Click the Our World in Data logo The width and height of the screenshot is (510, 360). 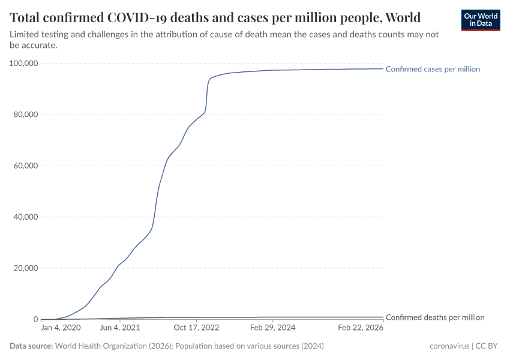click(x=481, y=20)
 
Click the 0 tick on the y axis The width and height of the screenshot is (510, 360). click(x=35, y=319)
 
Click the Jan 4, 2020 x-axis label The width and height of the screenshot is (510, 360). click(x=61, y=328)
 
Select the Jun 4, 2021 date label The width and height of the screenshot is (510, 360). click(x=120, y=328)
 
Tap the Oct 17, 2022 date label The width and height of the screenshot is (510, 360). click(x=196, y=328)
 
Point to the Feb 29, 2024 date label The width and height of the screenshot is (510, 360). click(x=273, y=328)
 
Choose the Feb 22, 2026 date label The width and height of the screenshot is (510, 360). click(x=361, y=328)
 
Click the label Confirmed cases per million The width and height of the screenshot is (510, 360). click(x=433, y=69)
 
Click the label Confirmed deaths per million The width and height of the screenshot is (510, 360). click(x=434, y=317)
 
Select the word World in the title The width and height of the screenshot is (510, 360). click(x=401, y=17)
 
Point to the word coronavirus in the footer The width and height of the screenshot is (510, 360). click(x=449, y=346)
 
